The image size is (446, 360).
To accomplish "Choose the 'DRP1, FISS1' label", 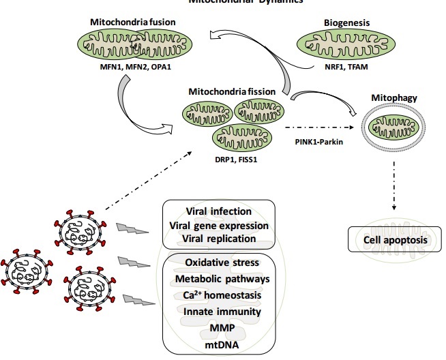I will click(x=233, y=157).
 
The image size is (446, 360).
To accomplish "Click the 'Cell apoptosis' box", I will click(x=394, y=240).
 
